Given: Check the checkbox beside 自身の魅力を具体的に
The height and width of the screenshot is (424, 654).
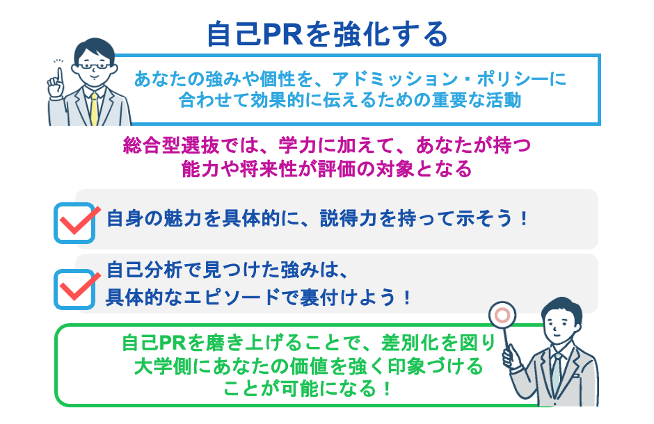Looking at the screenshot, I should pos(74,222).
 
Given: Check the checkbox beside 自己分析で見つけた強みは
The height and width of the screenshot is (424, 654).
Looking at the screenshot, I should pos(74,287).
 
